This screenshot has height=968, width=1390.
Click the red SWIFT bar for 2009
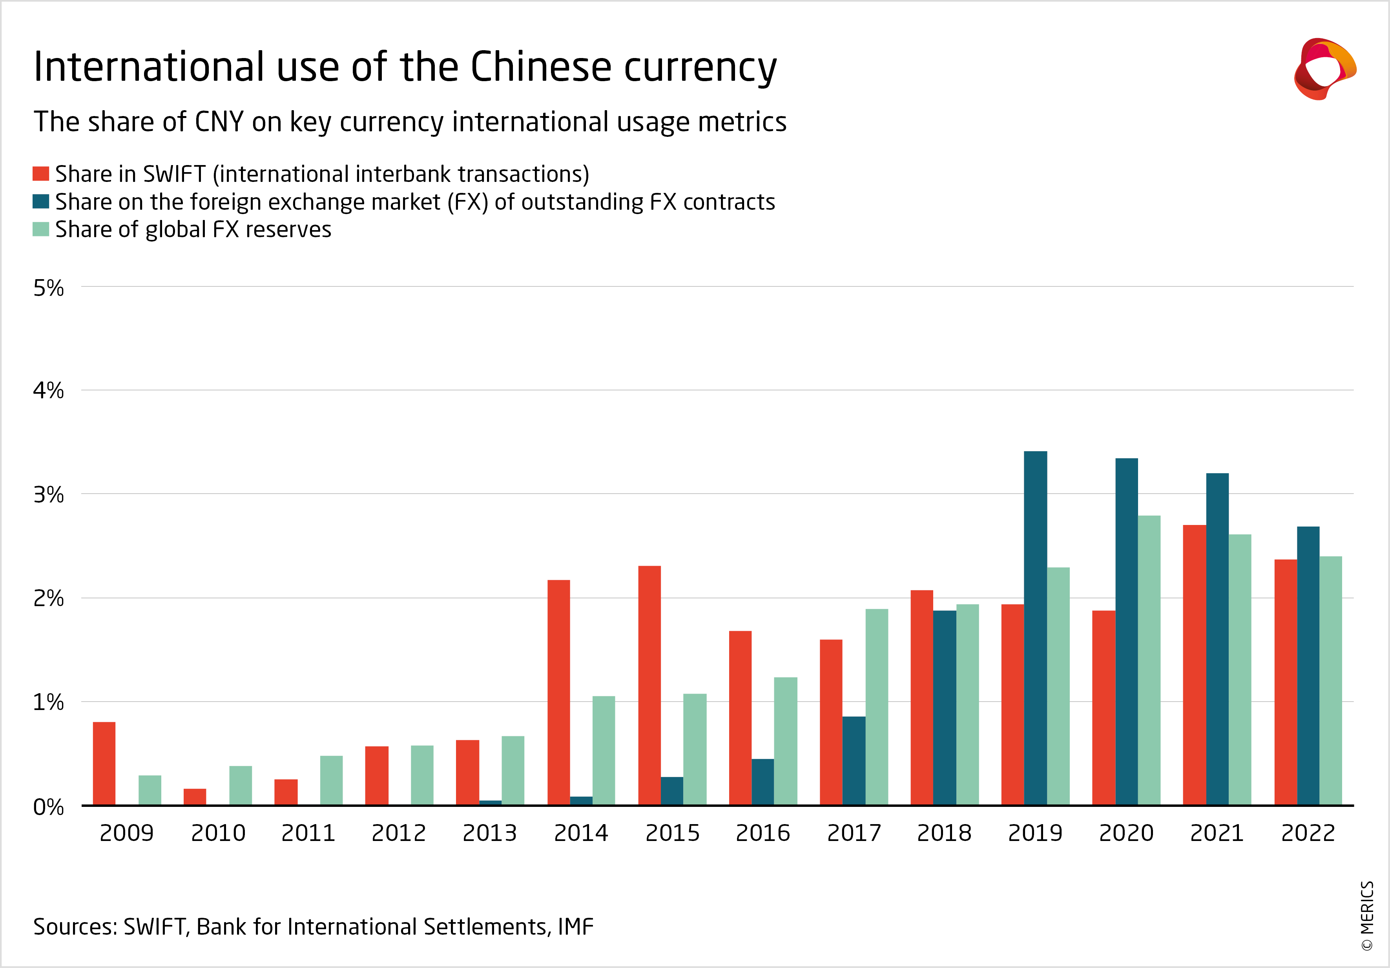click(104, 763)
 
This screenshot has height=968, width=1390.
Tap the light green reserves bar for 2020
click(1149, 660)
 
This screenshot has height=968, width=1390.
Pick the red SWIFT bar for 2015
click(649, 685)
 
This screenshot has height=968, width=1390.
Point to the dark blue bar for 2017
click(854, 761)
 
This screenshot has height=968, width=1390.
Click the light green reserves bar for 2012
click(422, 775)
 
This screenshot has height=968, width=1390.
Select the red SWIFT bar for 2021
click(1195, 665)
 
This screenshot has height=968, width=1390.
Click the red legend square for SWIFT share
click(40, 174)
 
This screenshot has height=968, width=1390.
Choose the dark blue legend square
click(40, 202)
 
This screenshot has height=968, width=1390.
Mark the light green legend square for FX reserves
click(40, 229)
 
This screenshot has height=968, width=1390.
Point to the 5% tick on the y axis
click(48, 288)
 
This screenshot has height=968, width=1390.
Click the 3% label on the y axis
click(48, 495)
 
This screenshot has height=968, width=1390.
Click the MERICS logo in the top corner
click(1324, 68)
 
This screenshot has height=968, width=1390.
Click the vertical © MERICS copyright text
click(1367, 916)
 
